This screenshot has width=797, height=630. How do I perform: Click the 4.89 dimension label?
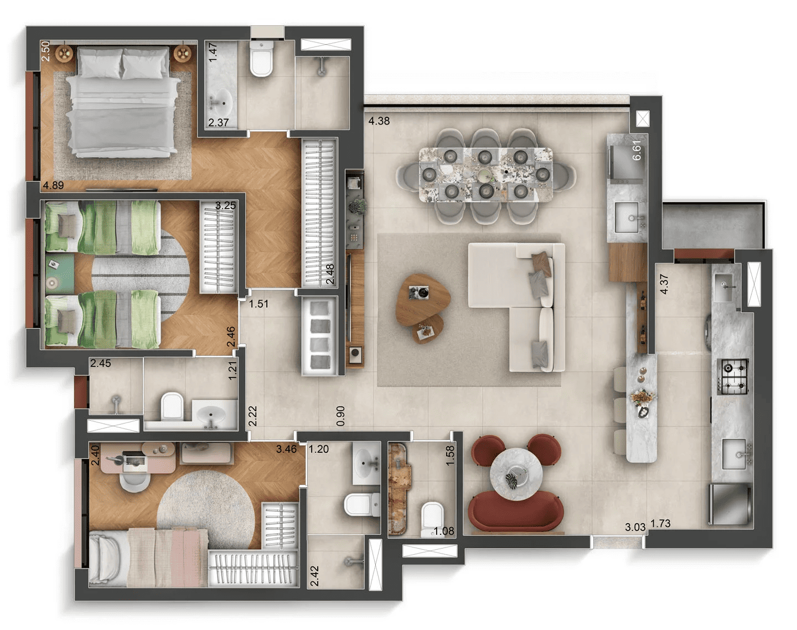coord(53,185)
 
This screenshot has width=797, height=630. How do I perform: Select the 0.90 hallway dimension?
coord(341,415)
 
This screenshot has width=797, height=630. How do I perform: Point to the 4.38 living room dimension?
coord(379,121)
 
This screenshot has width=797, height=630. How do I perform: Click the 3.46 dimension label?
coord(286,449)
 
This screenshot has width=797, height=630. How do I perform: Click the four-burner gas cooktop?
coord(733,376)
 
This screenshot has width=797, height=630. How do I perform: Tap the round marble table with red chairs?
coord(516,474)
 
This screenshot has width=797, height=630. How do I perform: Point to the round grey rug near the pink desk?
coord(205,507)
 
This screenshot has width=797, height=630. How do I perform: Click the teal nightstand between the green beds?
coord(59,273)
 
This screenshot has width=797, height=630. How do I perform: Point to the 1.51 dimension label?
coord(258,304)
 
